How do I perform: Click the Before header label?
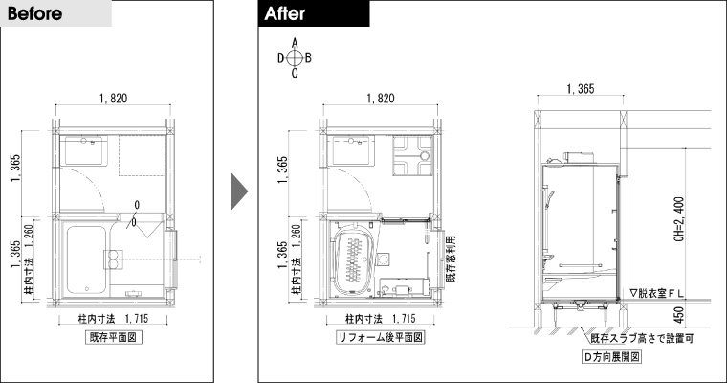(x=34, y=13)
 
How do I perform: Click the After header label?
(x=285, y=13)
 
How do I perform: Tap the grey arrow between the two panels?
(x=239, y=191)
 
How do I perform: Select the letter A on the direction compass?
(x=295, y=43)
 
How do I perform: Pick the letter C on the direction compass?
(x=295, y=73)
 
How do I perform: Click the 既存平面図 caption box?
(x=114, y=337)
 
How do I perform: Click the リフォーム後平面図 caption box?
(x=380, y=337)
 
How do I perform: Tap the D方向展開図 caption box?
(x=611, y=356)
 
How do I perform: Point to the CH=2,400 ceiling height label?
(x=679, y=219)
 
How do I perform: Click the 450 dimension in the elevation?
(x=679, y=315)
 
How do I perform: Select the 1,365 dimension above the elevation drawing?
(x=581, y=89)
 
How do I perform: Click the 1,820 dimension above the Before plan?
(x=113, y=99)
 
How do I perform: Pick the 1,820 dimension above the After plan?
(x=381, y=99)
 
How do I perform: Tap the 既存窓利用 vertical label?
(x=451, y=259)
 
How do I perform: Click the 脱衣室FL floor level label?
(x=656, y=293)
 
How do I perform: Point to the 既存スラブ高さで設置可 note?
(x=642, y=338)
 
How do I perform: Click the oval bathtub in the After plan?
(x=354, y=259)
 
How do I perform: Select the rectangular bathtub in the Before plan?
(x=86, y=260)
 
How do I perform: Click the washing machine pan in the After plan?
(x=412, y=155)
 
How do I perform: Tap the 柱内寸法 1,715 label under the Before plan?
(x=113, y=319)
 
